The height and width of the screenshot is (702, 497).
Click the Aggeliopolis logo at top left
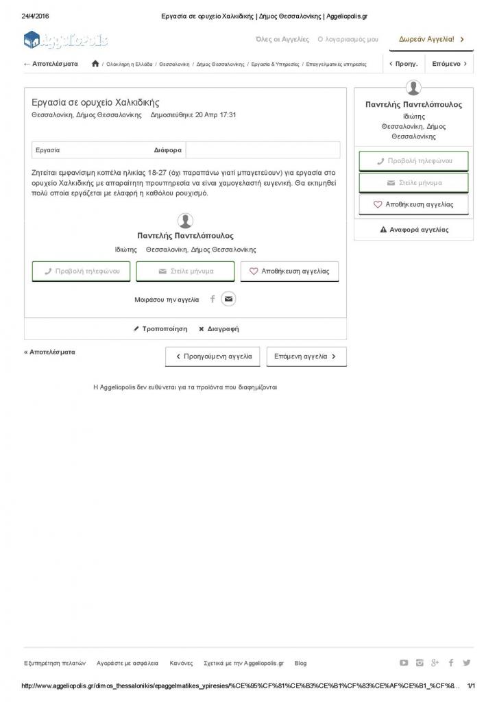click(66, 40)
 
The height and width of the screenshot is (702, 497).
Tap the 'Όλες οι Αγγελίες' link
click(282, 40)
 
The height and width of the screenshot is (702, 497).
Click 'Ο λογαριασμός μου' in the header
click(348, 40)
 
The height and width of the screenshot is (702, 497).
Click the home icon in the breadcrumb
click(95, 64)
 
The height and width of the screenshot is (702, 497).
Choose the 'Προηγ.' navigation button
click(403, 64)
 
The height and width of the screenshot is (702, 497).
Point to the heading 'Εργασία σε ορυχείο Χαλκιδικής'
click(95, 102)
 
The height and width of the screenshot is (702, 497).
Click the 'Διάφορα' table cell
click(168, 149)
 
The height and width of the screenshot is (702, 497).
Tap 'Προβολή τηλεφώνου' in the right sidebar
click(413, 161)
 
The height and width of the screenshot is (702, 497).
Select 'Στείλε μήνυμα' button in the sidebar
click(413, 183)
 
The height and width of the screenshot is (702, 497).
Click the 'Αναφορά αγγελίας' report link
click(414, 230)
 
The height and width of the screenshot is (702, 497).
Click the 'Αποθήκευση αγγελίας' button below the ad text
click(289, 271)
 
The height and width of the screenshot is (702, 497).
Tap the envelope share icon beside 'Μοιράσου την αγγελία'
click(228, 299)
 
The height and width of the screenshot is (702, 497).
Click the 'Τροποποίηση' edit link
click(160, 329)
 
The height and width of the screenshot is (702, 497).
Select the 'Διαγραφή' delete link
click(219, 329)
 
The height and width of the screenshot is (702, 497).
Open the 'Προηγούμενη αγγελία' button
click(213, 356)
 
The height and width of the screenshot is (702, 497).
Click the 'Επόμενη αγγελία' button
click(306, 356)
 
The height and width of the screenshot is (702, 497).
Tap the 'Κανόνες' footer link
click(181, 663)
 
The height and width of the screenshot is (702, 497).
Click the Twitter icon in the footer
click(467, 663)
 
